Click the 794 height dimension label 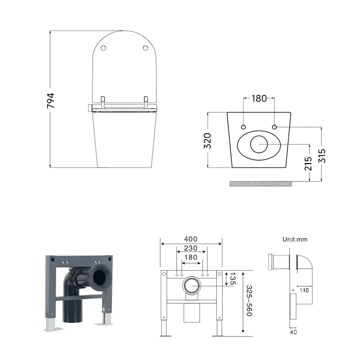point(50,101)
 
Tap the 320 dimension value point(207,141)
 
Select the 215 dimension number point(308,164)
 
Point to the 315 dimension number point(322,155)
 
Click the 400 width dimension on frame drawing point(191,239)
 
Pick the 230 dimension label point(191,248)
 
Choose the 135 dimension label point(232,279)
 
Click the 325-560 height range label point(249,301)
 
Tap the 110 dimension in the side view point(304,291)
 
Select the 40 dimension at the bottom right point(293,332)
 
